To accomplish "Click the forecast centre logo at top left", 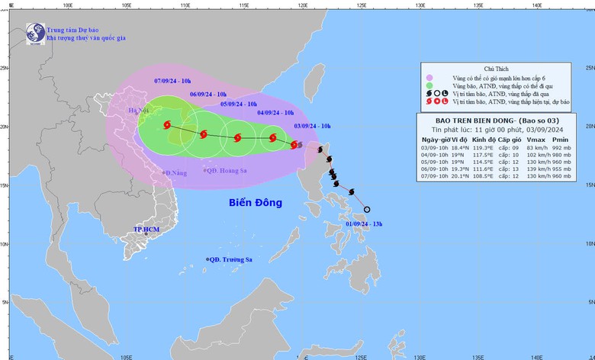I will point(34,33).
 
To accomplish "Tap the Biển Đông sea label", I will point(255,203).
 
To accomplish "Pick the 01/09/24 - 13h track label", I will point(363,223).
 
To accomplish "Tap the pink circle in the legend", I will point(430,78).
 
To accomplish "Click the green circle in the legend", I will point(430,86).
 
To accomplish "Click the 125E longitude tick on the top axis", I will point(361,4).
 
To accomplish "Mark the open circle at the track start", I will point(367,210).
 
